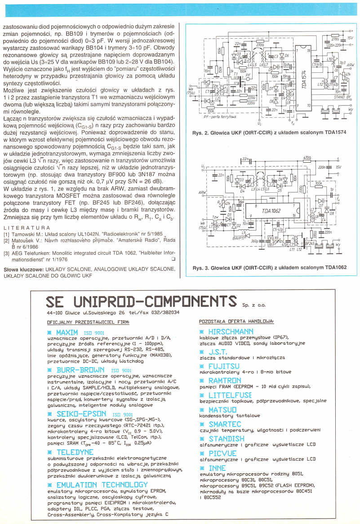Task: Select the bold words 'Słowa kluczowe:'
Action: tap(22, 270)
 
